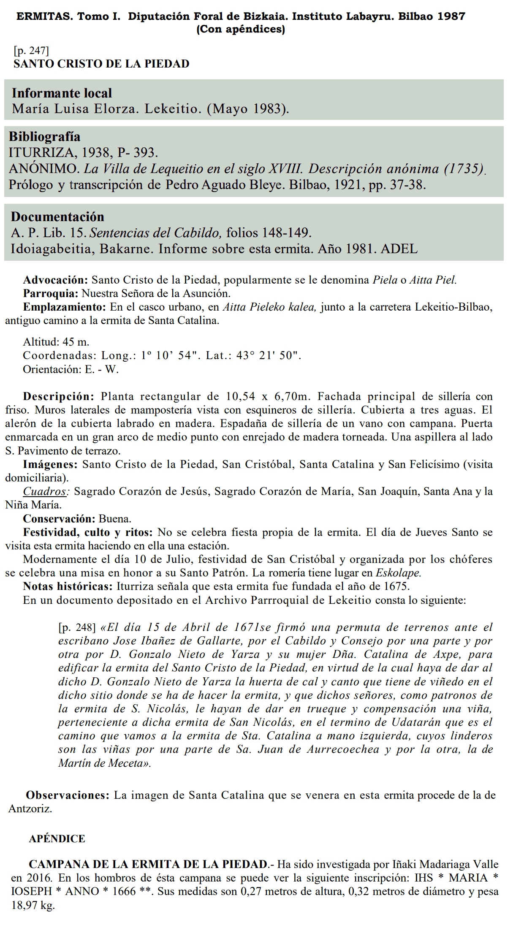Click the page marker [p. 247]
pos(31,51)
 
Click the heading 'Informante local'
pos(62,93)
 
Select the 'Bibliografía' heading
pos(44,137)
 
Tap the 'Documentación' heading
pos(57,217)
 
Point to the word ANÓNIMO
pos(44,169)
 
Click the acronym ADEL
pos(399,249)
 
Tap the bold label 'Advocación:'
pos(55,280)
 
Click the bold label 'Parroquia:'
pos(51,294)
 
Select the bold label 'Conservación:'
pos(59,519)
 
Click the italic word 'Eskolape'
pos(398,573)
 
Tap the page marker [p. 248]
pos(77,627)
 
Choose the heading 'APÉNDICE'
pos(57,839)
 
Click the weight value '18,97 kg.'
pos(33,906)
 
